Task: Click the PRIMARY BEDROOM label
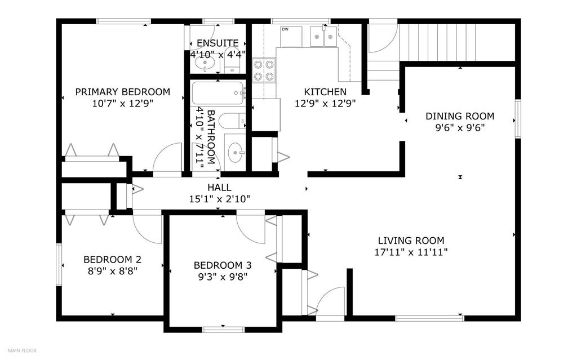(x=122, y=92)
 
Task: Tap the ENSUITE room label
(x=218, y=43)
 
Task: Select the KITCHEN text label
(x=325, y=92)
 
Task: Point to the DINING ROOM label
(x=460, y=116)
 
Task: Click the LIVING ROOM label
(x=411, y=241)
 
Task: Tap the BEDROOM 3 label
(x=223, y=265)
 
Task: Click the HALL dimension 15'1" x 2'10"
(x=220, y=199)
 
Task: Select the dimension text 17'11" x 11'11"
(x=411, y=252)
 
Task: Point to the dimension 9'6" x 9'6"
(x=460, y=128)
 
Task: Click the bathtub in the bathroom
(x=218, y=93)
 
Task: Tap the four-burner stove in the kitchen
(x=264, y=70)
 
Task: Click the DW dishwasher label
(x=285, y=29)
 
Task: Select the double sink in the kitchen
(x=323, y=37)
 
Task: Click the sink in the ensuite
(x=204, y=64)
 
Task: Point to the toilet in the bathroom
(x=232, y=121)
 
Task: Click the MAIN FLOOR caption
(x=23, y=350)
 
